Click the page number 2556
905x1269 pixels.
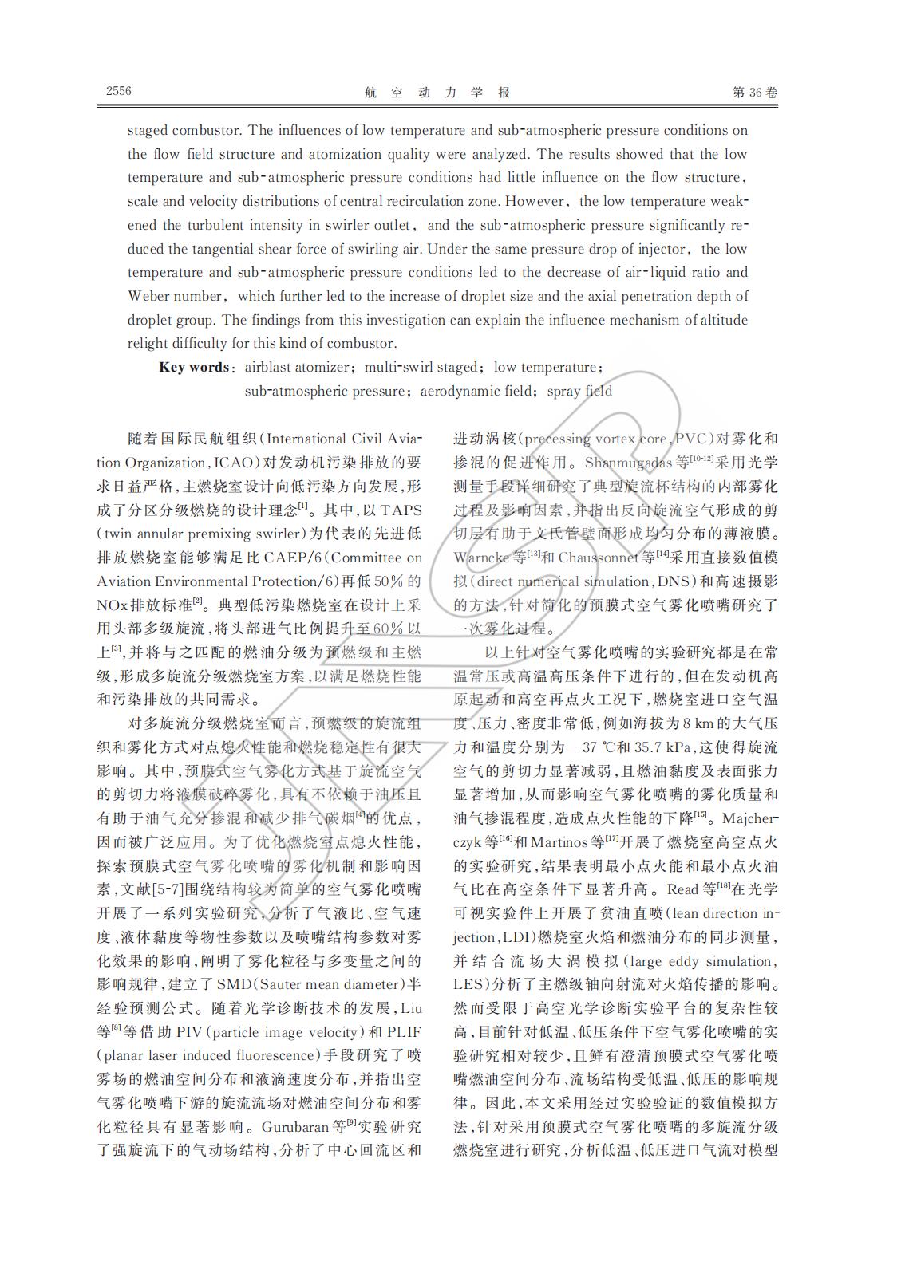118,91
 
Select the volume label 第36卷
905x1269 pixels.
754,93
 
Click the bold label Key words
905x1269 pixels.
195,368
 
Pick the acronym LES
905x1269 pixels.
468,985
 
